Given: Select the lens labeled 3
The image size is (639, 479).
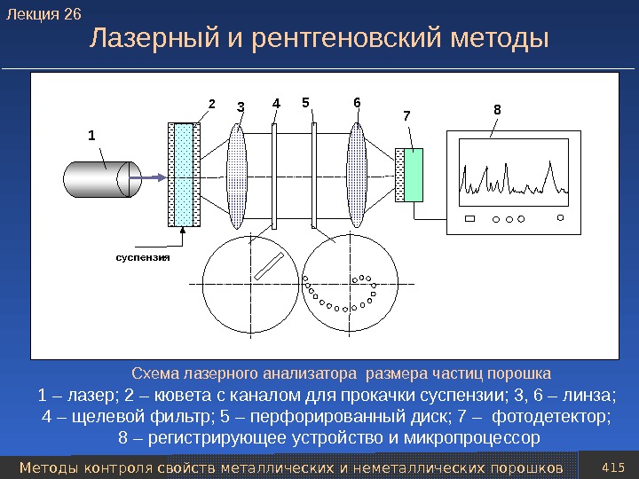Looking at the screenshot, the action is pos(238,176).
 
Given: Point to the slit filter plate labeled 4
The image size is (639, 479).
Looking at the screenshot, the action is pos(275,176).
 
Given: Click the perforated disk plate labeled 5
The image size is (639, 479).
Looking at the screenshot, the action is pos(314,176).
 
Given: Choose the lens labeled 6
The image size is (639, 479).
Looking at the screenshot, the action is pos(357,176).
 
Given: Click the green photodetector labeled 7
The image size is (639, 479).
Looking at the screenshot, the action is pos(413,176).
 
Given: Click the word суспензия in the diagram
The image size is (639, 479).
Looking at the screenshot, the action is pos(143,256).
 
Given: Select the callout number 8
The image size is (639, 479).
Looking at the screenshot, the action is pos(497,110).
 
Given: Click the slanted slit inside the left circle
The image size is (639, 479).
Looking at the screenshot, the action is pos(269,265).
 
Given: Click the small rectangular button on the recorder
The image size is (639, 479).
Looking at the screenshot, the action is pos(469,218).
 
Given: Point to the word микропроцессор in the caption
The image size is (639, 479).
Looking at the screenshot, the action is pos(471,439).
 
